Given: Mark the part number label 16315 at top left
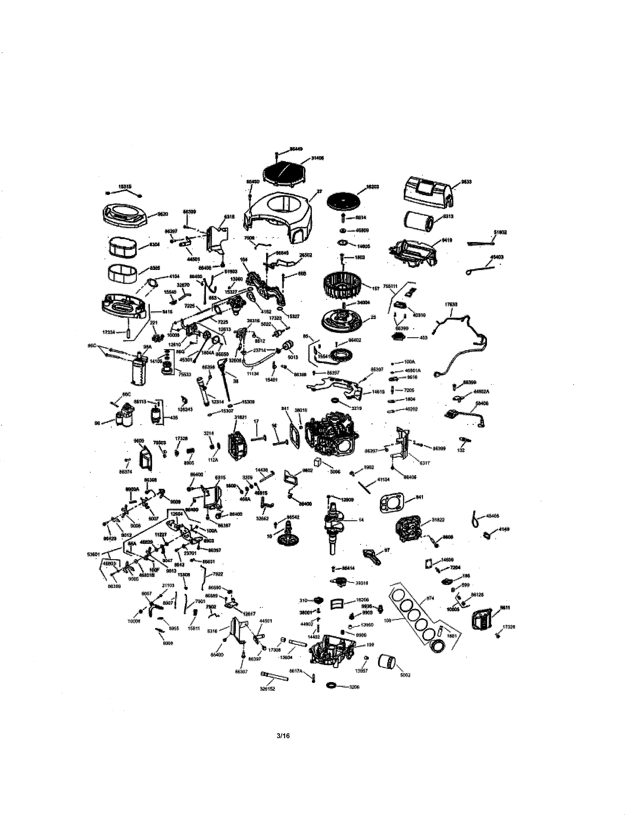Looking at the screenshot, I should [x=125, y=186].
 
